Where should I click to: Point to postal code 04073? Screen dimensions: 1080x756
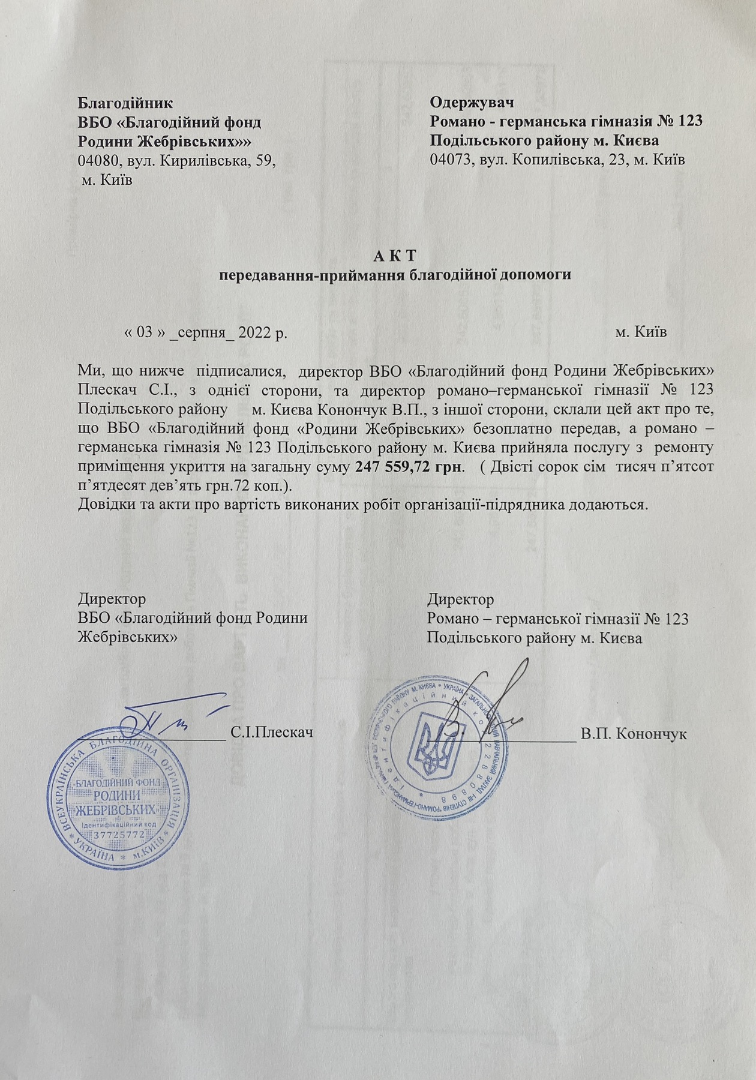(449, 160)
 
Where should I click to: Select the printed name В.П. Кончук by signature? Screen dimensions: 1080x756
(634, 734)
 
